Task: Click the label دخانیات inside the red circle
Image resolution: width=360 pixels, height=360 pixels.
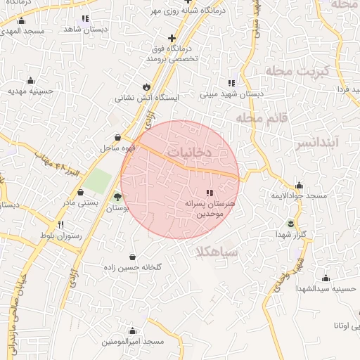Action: (191, 151)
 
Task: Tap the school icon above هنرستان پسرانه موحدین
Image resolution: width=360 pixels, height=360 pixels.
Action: (209, 192)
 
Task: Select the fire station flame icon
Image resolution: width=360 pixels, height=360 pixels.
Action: (146, 86)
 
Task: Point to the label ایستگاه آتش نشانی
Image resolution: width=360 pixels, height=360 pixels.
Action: (148, 98)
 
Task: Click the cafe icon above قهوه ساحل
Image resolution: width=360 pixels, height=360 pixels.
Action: (117, 138)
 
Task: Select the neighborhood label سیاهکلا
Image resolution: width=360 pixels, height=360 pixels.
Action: (219, 252)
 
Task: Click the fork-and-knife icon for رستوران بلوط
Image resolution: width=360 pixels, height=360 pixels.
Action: (62, 225)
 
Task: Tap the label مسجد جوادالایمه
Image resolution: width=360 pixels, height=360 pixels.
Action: (300, 195)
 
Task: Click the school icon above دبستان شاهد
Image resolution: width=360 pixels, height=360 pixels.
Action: (85, 19)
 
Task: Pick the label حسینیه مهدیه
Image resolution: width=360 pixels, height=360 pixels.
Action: (26, 91)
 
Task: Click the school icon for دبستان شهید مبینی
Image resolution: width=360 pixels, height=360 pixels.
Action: (231, 82)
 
